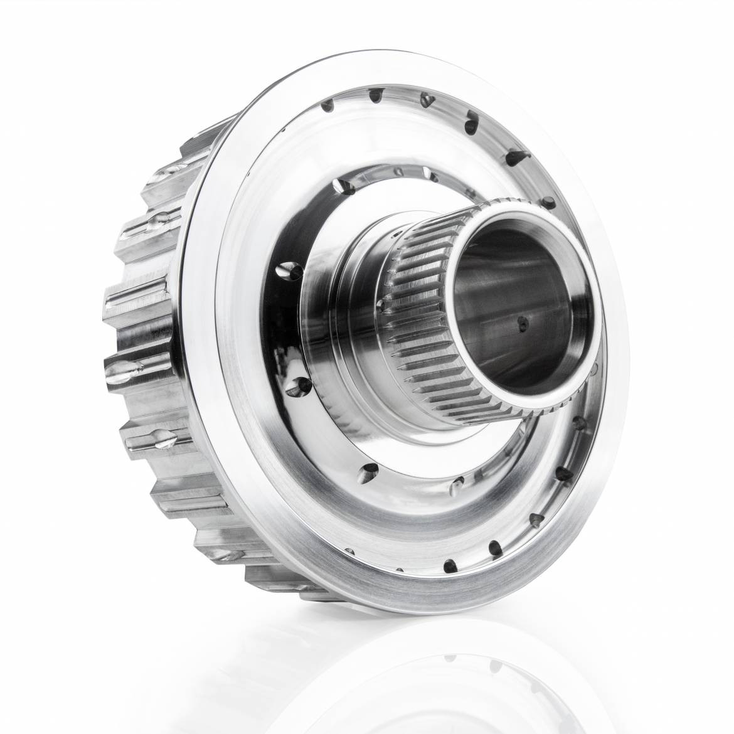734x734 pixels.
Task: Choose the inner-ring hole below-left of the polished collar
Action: coord(302,386)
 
